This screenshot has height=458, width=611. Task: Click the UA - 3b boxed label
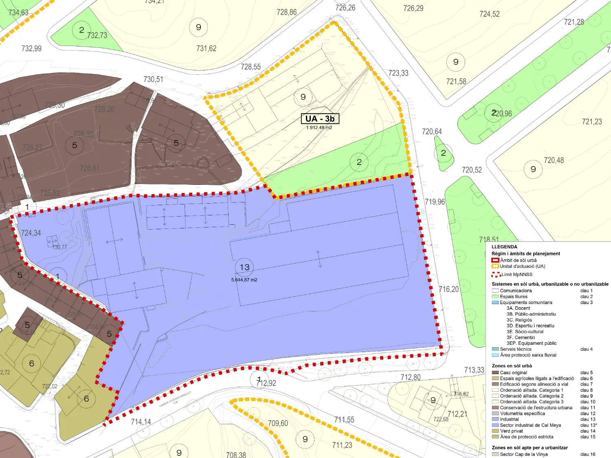(x=320, y=118)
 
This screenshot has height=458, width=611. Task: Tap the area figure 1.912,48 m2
(x=319, y=128)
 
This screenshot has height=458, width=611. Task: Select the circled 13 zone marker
(x=244, y=267)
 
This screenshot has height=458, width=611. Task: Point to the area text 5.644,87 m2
(x=244, y=280)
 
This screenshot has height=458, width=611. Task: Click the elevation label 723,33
(x=398, y=73)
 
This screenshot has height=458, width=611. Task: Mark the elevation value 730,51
(x=153, y=79)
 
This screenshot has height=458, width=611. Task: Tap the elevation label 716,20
(x=448, y=289)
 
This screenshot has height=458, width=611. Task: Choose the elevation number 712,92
(x=266, y=383)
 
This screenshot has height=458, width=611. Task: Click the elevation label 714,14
(x=141, y=422)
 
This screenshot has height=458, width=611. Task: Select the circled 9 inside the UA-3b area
(x=303, y=97)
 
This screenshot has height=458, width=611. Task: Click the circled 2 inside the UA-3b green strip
(x=359, y=162)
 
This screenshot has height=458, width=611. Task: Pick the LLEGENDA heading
(x=504, y=247)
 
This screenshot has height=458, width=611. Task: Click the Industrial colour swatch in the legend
(x=495, y=419)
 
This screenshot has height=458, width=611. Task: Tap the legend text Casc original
(x=513, y=373)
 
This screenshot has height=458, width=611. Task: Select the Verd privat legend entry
(x=511, y=431)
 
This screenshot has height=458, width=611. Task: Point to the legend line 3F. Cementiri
(x=521, y=337)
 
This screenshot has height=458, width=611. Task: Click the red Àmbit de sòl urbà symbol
(x=495, y=260)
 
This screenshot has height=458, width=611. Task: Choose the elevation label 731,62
(x=206, y=48)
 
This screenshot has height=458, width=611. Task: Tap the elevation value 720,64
(x=432, y=131)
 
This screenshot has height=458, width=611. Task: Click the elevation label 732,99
(x=31, y=48)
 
